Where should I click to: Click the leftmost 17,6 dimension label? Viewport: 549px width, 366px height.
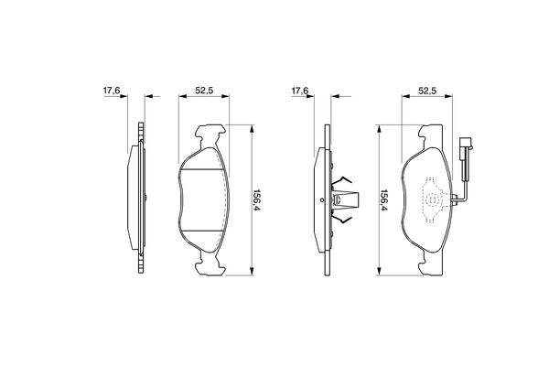click(112, 91)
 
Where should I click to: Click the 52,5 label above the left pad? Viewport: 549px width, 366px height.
click(204, 91)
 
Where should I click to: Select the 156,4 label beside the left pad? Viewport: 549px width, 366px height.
click(256, 200)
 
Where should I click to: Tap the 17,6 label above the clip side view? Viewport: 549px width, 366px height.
click(300, 91)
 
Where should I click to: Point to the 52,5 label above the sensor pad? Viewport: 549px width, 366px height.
click(427, 91)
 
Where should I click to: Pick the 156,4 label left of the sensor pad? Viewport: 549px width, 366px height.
click(384, 200)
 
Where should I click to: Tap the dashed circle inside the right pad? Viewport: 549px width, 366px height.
click(434, 200)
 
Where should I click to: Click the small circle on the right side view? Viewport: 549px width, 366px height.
click(322, 200)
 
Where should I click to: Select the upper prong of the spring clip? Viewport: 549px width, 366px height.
click(341, 181)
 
